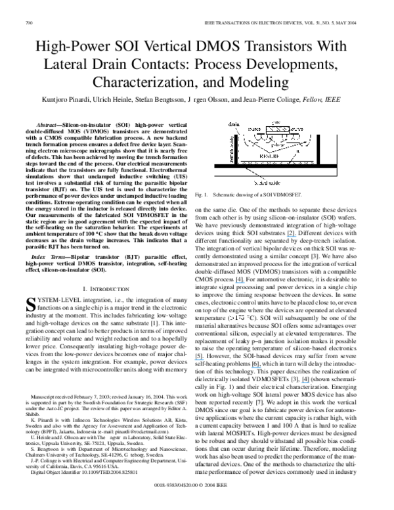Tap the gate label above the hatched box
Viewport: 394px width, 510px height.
(x=276, y=122)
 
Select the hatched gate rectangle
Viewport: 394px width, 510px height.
(x=277, y=129)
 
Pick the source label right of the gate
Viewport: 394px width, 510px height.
(x=297, y=129)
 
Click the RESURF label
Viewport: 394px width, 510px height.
(x=271, y=156)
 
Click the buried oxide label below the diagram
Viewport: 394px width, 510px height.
(x=267, y=184)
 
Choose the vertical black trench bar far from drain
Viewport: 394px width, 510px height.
(x=318, y=150)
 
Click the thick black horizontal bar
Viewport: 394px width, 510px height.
(x=275, y=166)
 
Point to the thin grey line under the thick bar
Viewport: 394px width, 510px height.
(x=275, y=176)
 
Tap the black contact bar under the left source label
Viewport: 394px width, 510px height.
(x=261, y=134)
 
